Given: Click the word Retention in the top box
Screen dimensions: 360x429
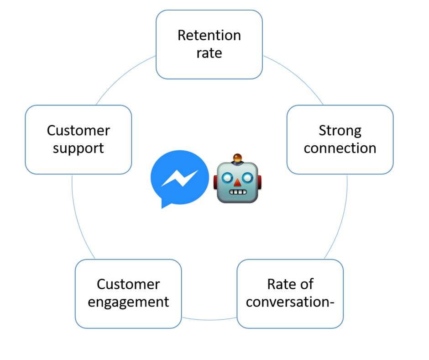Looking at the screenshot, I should (x=209, y=36).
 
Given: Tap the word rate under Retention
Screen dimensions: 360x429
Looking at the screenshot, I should (x=209, y=53).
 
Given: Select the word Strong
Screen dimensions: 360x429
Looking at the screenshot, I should (x=340, y=131).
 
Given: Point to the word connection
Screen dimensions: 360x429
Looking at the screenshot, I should (x=340, y=148).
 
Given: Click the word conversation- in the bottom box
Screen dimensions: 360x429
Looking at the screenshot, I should (x=290, y=302).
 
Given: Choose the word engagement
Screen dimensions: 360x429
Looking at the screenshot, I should (x=128, y=302).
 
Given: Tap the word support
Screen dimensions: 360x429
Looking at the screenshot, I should (x=78, y=148).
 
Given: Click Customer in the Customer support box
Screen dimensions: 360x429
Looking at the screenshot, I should (x=78, y=131).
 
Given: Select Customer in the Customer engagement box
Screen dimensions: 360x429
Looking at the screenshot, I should (x=128, y=284).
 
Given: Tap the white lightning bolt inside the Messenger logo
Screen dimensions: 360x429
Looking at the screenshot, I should (x=180, y=178).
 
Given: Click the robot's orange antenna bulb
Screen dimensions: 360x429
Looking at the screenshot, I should (x=237, y=159).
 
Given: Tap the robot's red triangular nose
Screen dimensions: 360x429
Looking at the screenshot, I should (x=237, y=183).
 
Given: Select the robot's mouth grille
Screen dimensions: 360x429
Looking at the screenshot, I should (x=237, y=192).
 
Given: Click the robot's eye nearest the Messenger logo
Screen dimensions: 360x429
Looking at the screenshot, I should (x=227, y=177).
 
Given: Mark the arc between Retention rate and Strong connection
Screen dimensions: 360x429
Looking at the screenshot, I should (x=297, y=76).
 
